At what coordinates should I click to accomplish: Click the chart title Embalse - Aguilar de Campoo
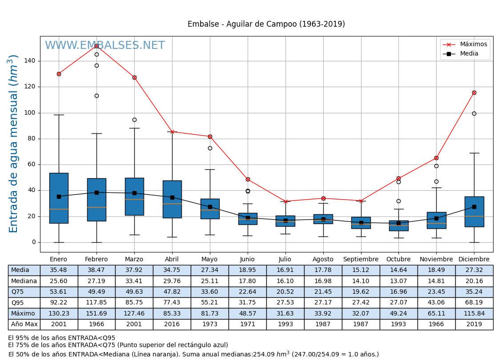[x=266, y=24]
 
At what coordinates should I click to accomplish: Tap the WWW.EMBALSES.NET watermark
[x=105, y=46]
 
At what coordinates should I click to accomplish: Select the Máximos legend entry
[x=473, y=44]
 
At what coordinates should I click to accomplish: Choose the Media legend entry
[x=469, y=54]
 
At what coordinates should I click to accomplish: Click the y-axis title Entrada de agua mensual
[x=13, y=144]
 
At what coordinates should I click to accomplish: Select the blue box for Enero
[x=59, y=198]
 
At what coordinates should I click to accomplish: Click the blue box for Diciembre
[x=474, y=212]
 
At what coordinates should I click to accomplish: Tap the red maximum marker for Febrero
[x=96, y=46]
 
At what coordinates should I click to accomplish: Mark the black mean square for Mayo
[x=210, y=207]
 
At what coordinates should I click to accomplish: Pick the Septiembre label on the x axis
[x=361, y=260]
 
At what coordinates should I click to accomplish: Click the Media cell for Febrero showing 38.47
[x=96, y=270]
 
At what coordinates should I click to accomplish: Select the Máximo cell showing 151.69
[x=96, y=314]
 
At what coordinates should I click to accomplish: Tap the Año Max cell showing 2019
[x=474, y=324]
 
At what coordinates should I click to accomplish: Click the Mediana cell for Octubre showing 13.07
[x=398, y=281]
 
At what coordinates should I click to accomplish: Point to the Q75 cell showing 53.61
[x=59, y=292]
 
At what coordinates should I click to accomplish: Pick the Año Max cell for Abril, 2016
[x=172, y=324]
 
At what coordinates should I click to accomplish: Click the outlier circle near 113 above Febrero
[x=96, y=96]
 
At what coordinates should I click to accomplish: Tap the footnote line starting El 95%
[x=62, y=338]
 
